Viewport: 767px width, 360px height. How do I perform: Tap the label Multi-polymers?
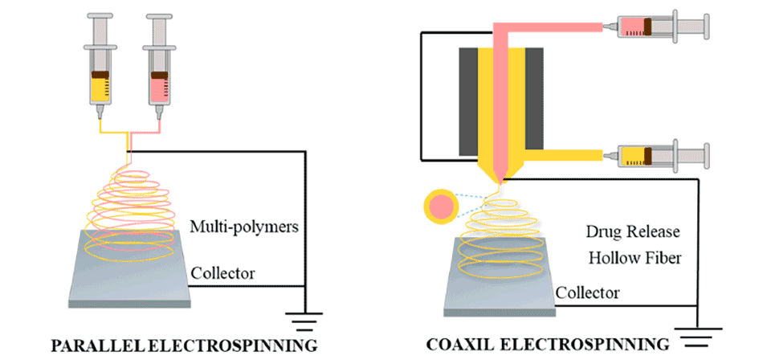point(244,227)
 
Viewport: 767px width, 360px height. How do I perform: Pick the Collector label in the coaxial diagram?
point(589,291)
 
